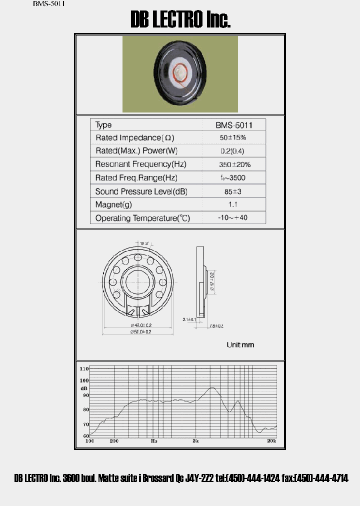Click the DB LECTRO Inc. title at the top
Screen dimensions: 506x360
tap(180, 20)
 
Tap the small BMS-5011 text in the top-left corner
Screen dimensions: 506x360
tap(48, 3)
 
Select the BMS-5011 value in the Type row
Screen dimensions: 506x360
tap(234, 125)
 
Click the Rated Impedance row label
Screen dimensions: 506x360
tap(134, 137)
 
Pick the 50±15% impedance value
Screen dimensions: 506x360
tap(233, 137)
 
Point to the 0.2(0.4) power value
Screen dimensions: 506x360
tap(232, 151)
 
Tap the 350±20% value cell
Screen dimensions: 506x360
tap(234, 164)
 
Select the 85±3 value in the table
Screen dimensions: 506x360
tap(233, 191)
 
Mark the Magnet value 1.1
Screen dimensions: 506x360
tap(233, 204)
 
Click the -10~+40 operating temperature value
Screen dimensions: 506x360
tap(233, 218)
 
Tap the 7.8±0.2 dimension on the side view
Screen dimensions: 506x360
tap(215, 325)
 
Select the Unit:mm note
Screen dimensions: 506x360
tap(240, 345)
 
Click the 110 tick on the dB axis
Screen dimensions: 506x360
tap(84, 368)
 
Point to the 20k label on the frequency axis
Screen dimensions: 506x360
tap(271, 441)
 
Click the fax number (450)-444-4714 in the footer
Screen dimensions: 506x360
tap(315, 478)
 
